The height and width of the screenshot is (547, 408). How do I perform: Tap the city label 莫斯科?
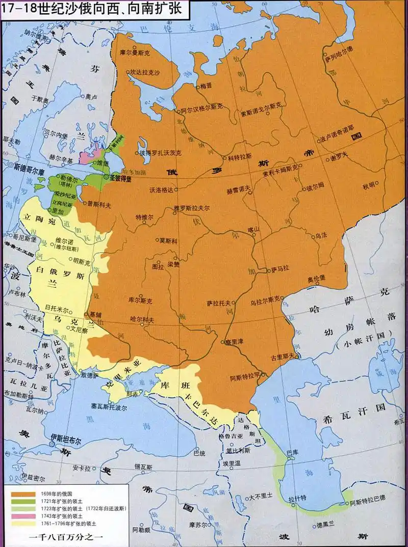[168, 240]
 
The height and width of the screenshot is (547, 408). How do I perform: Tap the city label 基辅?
[95, 314]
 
